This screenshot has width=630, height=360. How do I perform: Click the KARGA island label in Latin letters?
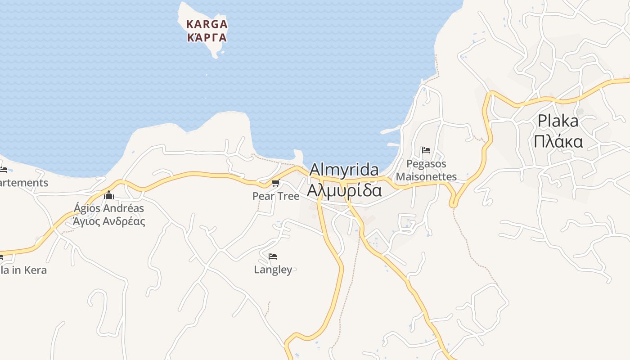pos(207,24)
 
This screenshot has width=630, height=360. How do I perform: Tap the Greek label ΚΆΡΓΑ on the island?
pos(207,37)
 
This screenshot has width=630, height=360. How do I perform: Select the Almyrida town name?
pos(344,170)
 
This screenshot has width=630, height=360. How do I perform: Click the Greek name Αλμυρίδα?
pos(344,190)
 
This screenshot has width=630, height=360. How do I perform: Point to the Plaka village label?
pos(558,121)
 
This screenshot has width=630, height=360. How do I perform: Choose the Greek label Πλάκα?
pos(558,141)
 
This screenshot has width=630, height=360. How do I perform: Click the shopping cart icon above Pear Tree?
pos(275,183)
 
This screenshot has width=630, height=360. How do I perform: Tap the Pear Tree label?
pos(275,196)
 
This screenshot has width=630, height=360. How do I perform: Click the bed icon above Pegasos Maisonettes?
pos(426,150)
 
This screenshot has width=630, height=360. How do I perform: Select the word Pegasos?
pos(426,164)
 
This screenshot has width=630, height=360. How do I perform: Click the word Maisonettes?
pos(426,177)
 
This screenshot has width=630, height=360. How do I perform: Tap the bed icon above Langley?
pos(272,256)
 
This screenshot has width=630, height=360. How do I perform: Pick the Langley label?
pos(273,270)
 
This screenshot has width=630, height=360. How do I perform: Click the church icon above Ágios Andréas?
pos(108,195)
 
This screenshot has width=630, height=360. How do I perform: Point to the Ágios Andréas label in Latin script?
pos(109,208)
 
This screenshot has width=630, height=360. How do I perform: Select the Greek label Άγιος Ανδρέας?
pos(109,221)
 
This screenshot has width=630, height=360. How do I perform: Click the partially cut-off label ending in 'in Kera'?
pos(23,270)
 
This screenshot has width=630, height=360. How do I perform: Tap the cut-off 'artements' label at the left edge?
pos(24,183)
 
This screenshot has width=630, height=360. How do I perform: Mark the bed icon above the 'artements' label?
pos(3,170)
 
